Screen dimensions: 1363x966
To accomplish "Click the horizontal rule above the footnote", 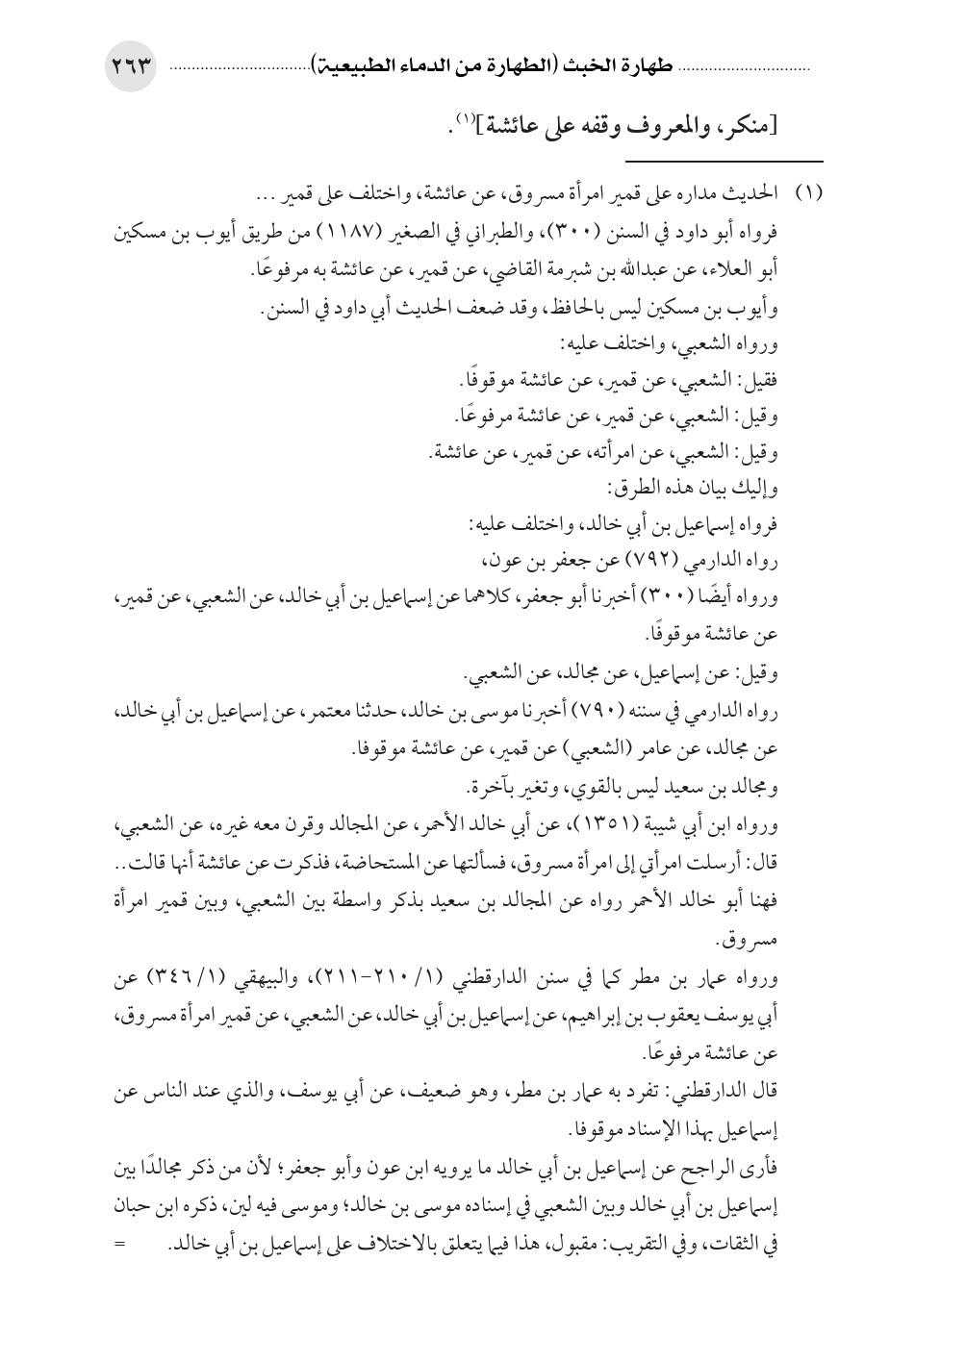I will pyautogui.click(x=726, y=161).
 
